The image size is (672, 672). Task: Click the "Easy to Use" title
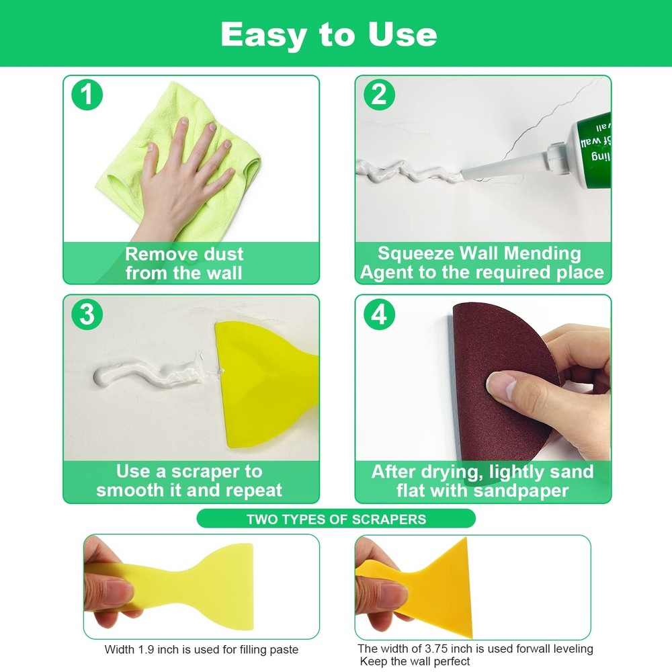(329, 34)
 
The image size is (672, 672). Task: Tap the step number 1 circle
(87, 95)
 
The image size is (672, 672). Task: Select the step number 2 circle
(379, 95)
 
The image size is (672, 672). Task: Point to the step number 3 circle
(87, 314)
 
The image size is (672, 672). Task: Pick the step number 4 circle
(379, 314)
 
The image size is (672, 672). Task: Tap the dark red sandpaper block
(497, 376)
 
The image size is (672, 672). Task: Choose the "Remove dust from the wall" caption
(184, 263)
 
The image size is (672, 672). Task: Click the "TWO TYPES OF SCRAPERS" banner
(336, 519)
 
